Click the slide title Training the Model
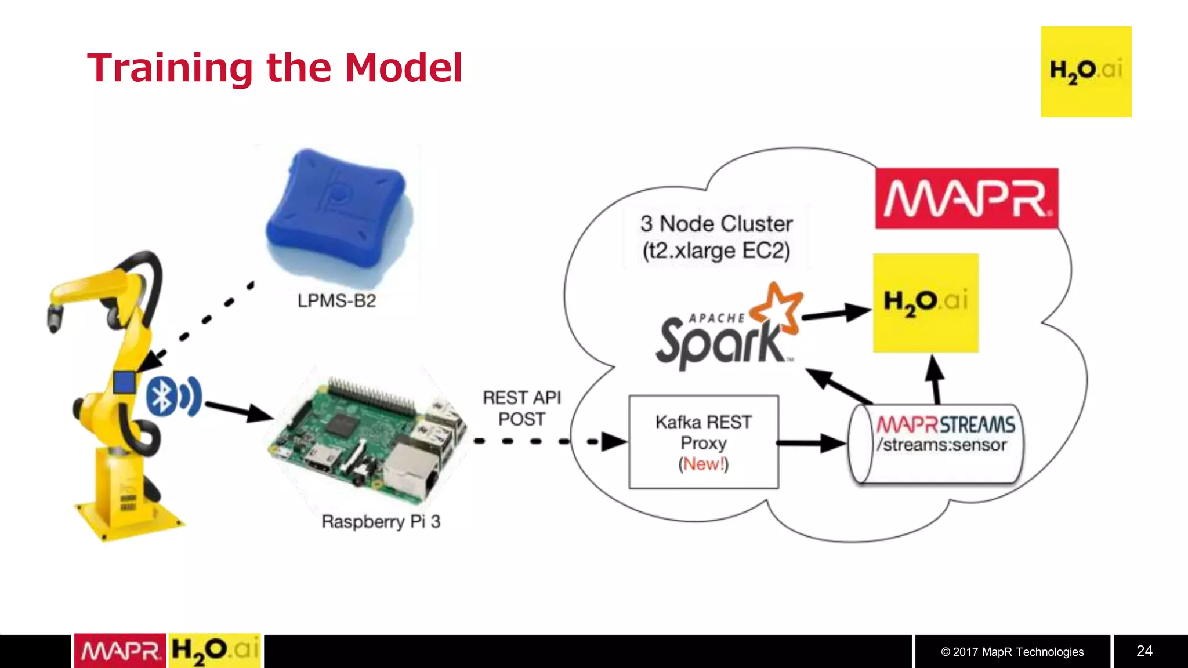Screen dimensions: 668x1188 point(274,68)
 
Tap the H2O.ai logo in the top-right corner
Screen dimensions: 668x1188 point(1085,71)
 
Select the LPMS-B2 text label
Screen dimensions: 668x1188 point(336,301)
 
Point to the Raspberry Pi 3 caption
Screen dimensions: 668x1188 point(381,521)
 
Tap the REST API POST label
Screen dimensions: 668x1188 point(521,408)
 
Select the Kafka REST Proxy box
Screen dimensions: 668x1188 point(703,441)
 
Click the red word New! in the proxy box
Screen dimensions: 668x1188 point(703,464)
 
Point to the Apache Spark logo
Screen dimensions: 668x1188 point(728,331)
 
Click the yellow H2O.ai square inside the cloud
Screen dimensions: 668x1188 point(926,303)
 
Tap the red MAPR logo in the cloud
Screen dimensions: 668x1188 point(966,198)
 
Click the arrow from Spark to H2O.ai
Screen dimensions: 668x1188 point(835,314)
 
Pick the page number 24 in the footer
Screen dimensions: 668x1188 point(1144,651)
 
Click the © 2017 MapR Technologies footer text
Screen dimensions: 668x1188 point(1012,652)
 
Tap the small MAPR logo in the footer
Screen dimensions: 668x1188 point(120,651)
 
